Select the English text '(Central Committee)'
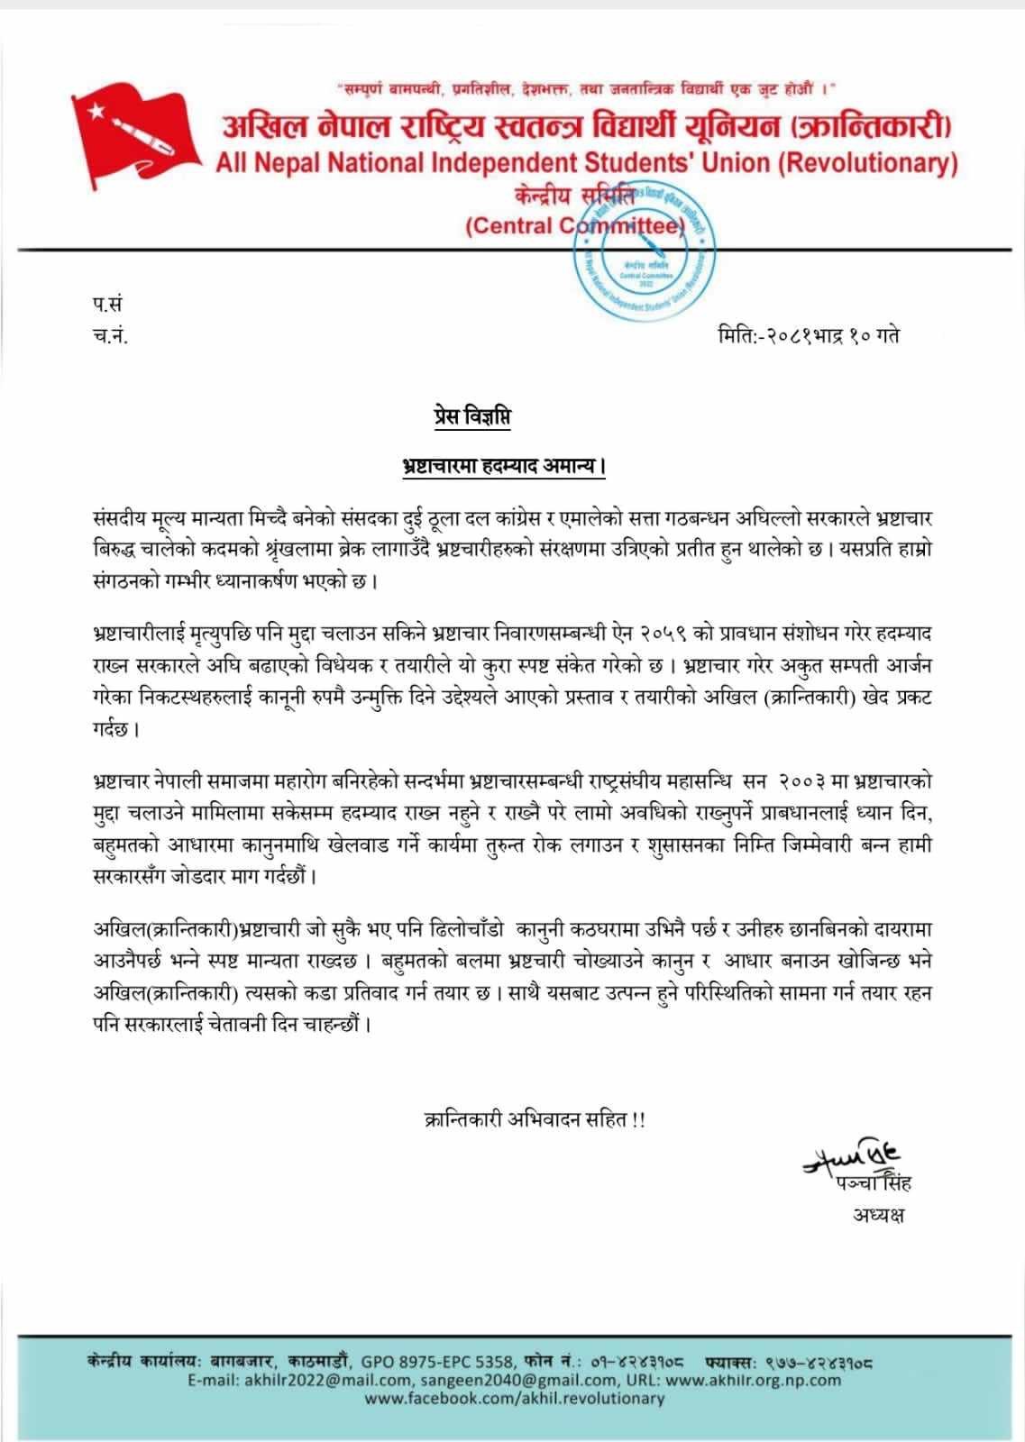click(575, 225)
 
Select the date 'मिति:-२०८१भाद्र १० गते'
click(809, 336)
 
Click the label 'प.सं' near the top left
click(94, 306)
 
